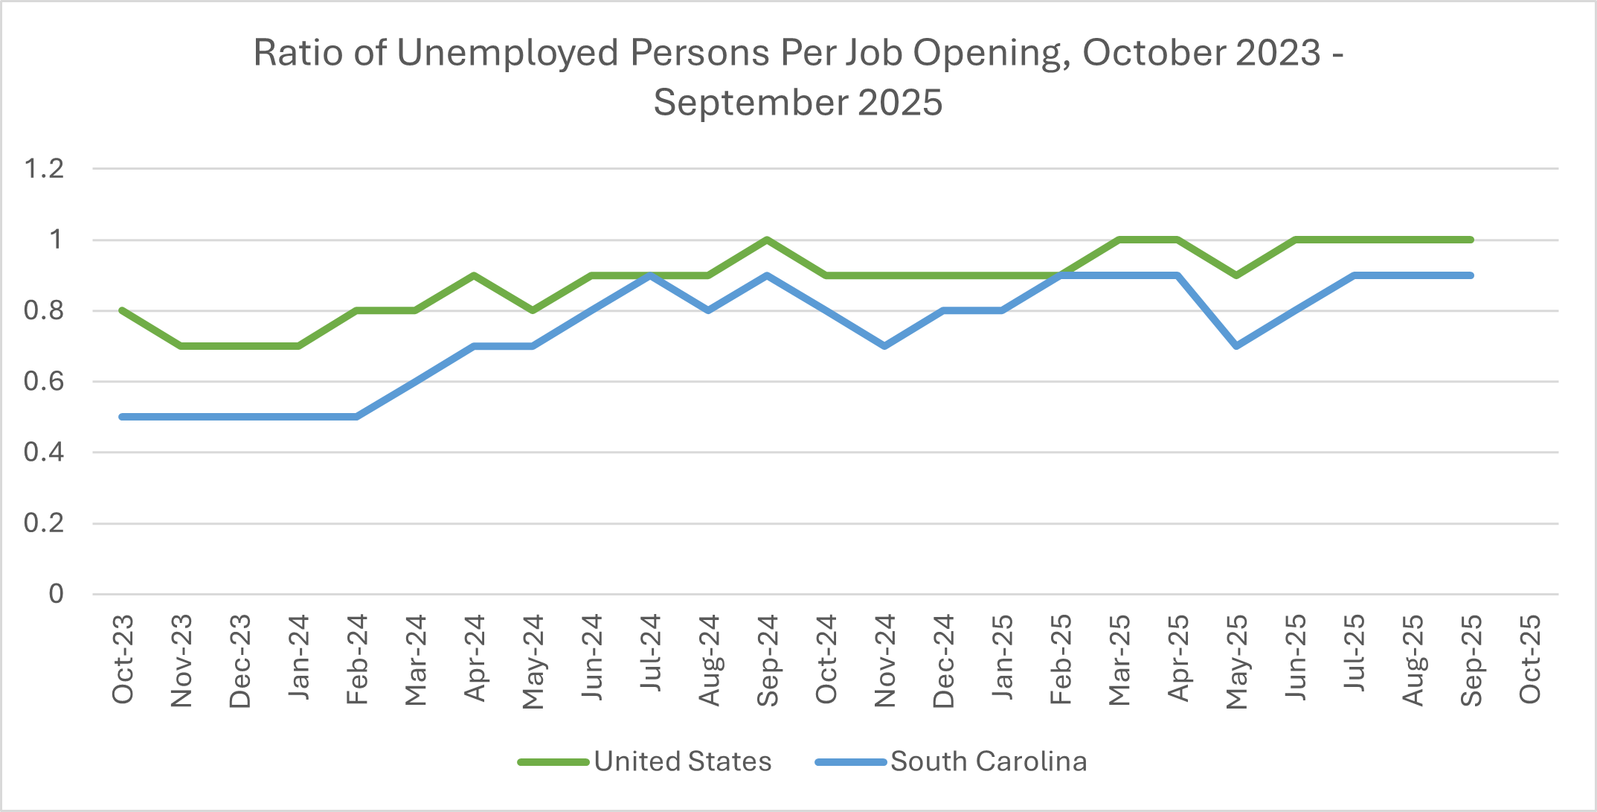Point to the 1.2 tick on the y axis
point(45,169)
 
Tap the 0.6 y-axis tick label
point(45,382)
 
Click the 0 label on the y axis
point(56,594)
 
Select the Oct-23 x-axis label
point(123,659)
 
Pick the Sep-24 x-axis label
point(767,659)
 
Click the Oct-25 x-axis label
point(1530,659)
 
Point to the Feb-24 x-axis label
point(357,659)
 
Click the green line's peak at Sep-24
point(767,240)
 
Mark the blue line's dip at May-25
point(1236,346)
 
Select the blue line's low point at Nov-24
point(884,346)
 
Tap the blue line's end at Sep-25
point(1471,275)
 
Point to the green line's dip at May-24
point(533,310)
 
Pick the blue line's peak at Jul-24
point(650,275)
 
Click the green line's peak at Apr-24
point(474,275)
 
